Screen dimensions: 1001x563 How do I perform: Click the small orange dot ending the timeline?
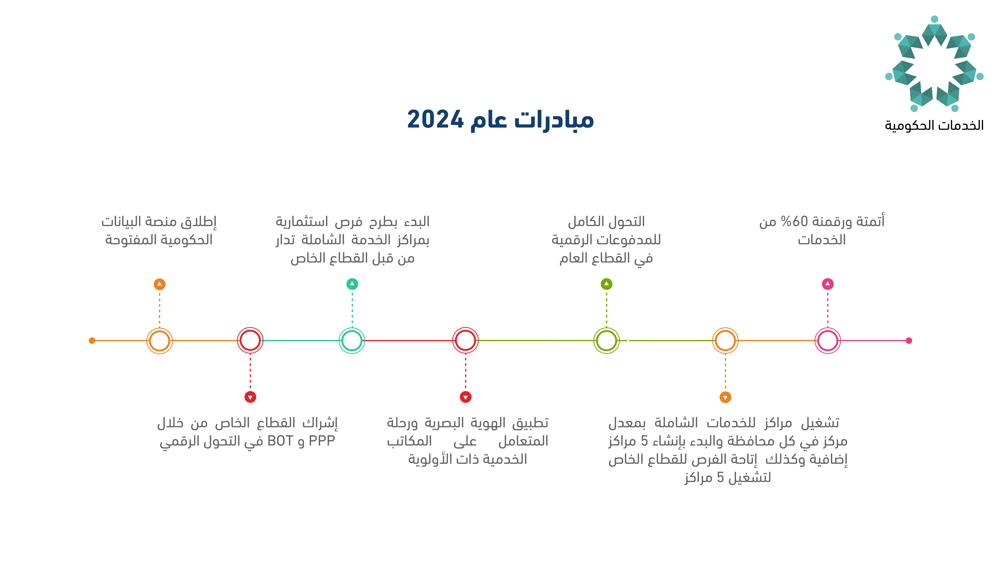92,341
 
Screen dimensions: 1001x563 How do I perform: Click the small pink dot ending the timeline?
909,341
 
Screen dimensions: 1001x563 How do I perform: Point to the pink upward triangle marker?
828,284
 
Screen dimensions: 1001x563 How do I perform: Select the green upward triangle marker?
607,284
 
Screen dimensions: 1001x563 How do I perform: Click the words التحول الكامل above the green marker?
607,222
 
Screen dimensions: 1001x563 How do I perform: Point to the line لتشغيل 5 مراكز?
728,478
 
